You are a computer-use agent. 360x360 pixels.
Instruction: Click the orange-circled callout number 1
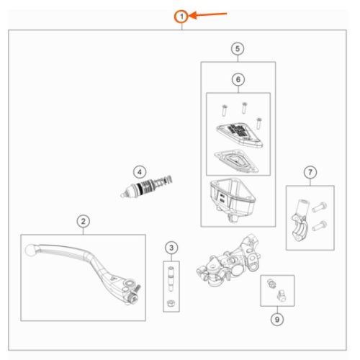point(181,17)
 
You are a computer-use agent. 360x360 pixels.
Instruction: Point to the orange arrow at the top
point(208,15)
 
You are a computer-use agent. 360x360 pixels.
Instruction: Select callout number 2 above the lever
point(83,221)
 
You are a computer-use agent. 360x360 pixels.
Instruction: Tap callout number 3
point(171,248)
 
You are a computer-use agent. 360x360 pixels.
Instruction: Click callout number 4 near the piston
point(140,172)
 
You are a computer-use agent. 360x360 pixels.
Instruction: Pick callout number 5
point(238,49)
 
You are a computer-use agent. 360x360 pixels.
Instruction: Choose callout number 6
point(238,79)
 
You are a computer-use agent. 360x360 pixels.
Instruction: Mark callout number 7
point(310,172)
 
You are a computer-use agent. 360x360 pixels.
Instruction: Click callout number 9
point(277,320)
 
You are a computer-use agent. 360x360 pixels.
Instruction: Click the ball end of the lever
point(30,250)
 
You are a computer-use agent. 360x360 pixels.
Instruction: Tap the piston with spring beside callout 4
point(146,186)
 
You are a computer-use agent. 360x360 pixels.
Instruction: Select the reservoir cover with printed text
point(240,135)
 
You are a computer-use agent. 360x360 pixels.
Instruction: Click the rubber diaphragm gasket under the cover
point(236,161)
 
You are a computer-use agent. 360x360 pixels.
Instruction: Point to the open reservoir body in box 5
point(233,199)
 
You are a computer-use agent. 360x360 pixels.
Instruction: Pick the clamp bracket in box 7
point(299,220)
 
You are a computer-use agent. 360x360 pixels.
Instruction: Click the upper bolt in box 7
point(319,207)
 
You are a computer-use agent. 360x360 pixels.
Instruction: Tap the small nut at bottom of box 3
point(171,303)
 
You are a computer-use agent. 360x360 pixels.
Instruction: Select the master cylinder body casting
point(228,261)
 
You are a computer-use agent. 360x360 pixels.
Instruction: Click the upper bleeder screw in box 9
point(271,284)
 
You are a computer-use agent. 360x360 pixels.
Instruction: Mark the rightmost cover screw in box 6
point(258,123)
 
